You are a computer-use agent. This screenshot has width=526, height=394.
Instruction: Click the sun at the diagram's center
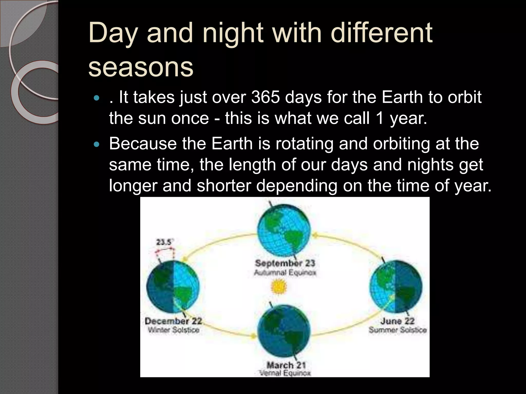point(278,287)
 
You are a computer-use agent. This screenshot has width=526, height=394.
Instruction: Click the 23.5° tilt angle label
point(164,242)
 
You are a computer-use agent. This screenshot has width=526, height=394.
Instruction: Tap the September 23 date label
point(285,263)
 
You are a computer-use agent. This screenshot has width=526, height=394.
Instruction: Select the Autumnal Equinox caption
point(285,273)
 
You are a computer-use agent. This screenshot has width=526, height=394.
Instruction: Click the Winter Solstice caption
point(173,330)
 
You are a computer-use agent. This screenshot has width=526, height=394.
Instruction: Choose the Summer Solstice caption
point(398,330)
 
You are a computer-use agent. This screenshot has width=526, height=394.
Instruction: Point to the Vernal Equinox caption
point(285,373)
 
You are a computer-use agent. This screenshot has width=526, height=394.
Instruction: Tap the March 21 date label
point(286,365)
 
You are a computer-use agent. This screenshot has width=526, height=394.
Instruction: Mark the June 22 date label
point(397,321)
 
